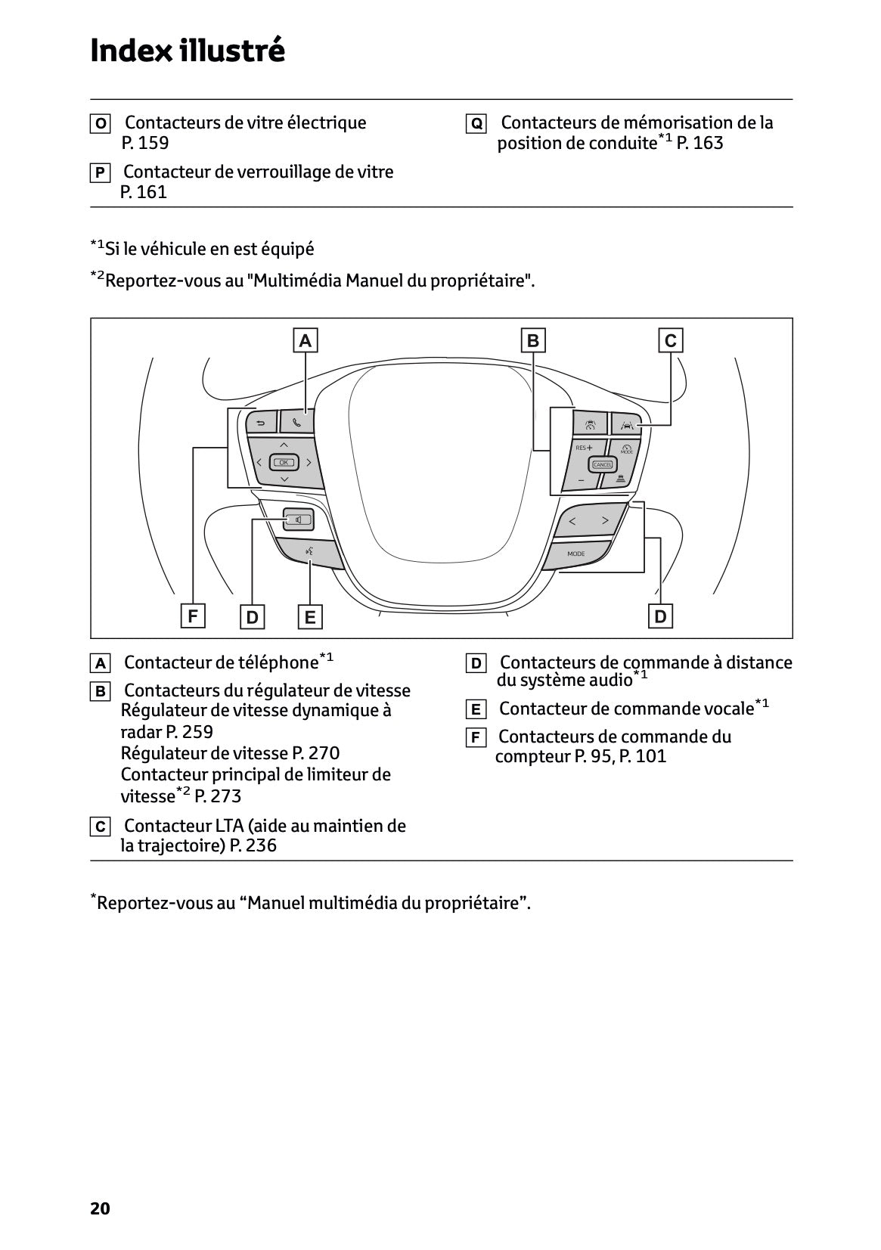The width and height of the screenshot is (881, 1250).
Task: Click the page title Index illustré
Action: coord(188,51)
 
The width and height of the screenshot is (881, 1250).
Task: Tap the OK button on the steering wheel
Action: coord(284,462)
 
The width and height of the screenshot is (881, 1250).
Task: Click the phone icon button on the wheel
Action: coord(297,422)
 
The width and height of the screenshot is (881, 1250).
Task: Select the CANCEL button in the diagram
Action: coord(603,464)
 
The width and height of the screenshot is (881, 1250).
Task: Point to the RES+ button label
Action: coord(584,448)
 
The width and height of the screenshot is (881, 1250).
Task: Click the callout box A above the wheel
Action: coord(305,340)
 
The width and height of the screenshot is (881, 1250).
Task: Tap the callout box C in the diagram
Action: coord(670,340)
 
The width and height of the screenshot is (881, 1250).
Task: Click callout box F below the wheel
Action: coord(193,616)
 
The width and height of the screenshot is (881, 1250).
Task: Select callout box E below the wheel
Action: coord(309,617)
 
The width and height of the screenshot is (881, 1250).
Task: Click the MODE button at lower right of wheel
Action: coord(576,554)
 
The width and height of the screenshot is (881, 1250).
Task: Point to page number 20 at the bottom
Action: coord(100,1208)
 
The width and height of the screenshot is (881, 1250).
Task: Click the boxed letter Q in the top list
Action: coord(476,123)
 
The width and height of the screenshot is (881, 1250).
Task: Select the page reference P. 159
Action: coord(145,143)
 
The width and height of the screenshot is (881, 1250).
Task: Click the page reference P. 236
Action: coord(253,845)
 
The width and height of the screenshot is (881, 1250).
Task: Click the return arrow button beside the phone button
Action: coord(261,423)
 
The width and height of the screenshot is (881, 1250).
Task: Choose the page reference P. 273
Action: coord(219,796)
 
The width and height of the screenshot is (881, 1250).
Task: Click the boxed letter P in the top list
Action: coord(99,172)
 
